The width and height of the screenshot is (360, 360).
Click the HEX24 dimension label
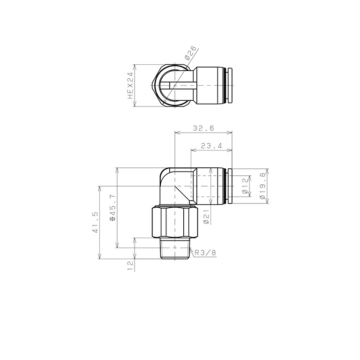point(130,85)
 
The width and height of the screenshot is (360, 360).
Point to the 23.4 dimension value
point(211,146)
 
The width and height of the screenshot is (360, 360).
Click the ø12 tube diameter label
point(245,186)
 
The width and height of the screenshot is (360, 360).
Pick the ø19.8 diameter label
point(262,186)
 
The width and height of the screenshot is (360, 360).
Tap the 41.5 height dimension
point(96,222)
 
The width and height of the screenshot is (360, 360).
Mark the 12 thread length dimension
point(130,266)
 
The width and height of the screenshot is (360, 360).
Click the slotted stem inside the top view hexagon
point(178,85)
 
